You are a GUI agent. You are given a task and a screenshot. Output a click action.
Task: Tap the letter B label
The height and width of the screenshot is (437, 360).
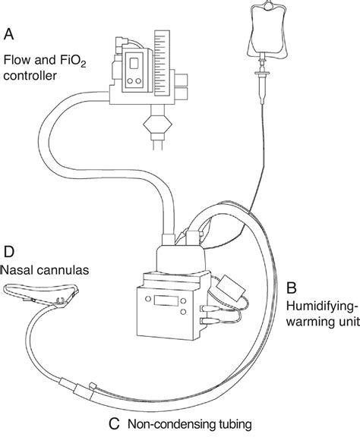[x=291, y=288]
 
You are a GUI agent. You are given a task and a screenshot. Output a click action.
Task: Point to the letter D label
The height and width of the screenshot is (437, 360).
[x=9, y=250]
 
